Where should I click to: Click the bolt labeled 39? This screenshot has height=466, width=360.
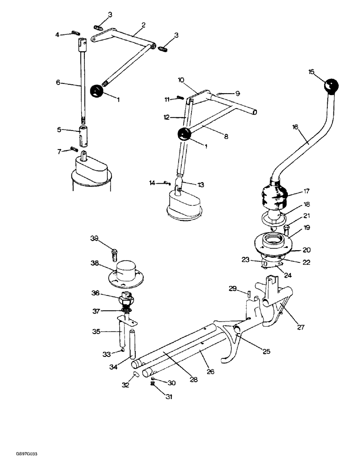tap(113, 254)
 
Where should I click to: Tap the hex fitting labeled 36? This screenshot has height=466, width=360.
tap(126, 297)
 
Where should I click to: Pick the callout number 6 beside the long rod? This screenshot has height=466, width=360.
tap(58, 82)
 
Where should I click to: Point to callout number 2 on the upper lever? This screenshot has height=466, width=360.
tap(143, 25)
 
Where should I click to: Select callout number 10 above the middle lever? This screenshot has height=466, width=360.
tap(181, 80)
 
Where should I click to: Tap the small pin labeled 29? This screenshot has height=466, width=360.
tap(249, 294)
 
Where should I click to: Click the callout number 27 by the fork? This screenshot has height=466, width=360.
tap(301, 327)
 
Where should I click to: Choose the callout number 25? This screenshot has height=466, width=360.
tap(267, 351)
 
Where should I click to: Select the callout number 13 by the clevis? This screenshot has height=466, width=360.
tap(201, 185)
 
